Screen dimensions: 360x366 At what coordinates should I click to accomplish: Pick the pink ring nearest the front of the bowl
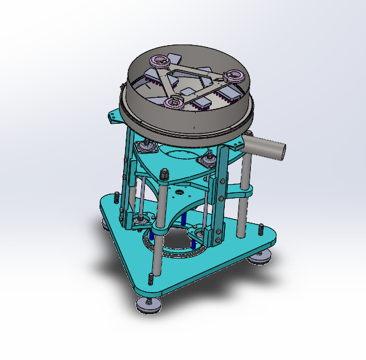pyautogui.click(x=174, y=102)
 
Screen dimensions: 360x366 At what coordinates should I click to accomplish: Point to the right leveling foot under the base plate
pyautogui.click(x=260, y=257)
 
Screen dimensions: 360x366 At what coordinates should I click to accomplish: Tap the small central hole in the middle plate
pyautogui.click(x=179, y=192)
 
